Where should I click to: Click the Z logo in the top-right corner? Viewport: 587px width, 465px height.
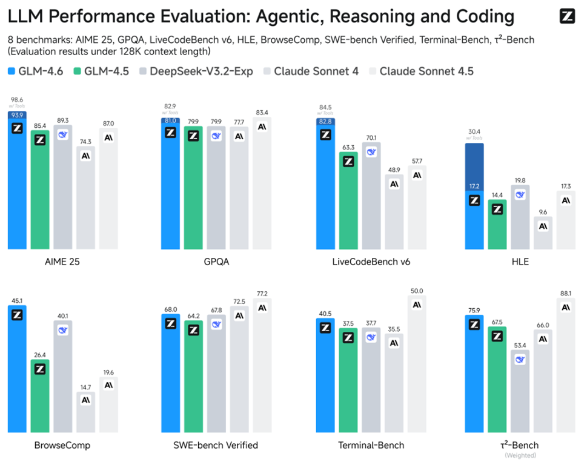(567, 17)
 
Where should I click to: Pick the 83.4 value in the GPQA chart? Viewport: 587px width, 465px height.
(262, 113)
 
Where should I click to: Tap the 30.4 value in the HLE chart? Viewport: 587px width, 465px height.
(474, 132)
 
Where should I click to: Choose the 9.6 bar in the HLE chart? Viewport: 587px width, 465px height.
(543, 233)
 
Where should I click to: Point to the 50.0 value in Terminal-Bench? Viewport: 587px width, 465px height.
(417, 291)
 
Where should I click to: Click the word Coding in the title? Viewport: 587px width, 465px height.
(476, 17)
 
